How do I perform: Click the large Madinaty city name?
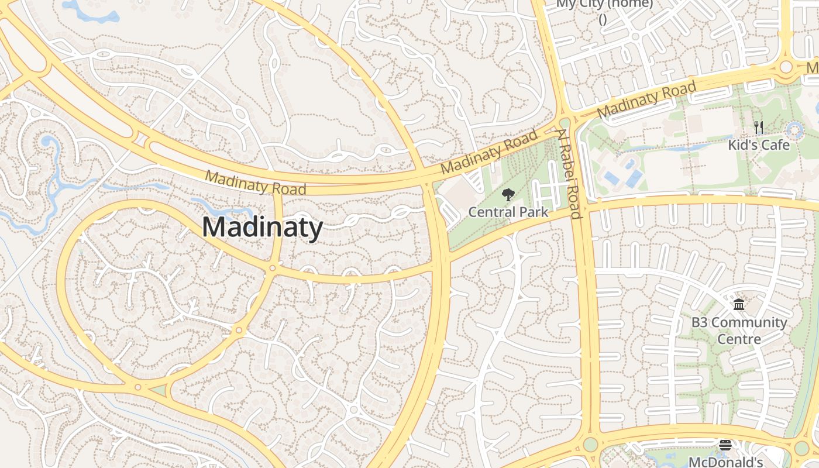click(262, 227)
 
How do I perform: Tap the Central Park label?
click(508, 212)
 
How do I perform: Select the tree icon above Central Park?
click(508, 195)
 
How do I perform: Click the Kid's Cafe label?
click(759, 144)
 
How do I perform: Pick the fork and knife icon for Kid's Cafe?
click(759, 127)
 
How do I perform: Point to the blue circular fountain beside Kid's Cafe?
click(795, 130)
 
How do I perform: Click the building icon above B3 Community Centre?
click(739, 305)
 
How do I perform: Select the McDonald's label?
click(725, 462)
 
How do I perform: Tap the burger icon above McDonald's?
click(725, 445)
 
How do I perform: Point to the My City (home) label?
click(604, 5)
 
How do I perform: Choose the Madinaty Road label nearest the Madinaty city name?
click(256, 183)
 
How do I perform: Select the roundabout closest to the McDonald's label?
click(801, 448)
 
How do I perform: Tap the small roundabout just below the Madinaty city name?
click(272, 269)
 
